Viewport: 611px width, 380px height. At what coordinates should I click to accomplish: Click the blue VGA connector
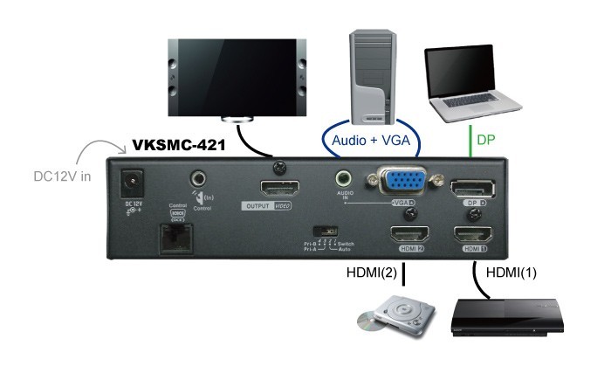coord(400,183)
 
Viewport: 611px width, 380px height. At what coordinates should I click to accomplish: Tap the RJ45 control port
coord(177,237)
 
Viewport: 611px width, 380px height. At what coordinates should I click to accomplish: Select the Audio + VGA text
coord(371,140)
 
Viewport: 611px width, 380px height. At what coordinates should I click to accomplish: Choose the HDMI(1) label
coord(514,273)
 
